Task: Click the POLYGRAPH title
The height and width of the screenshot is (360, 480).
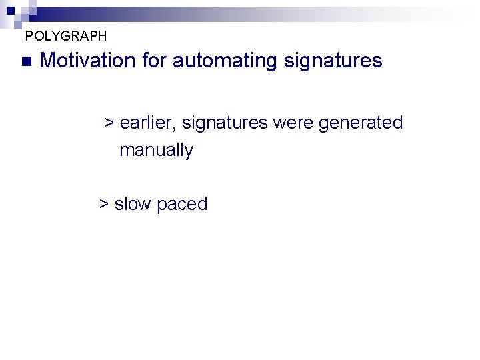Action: (65, 35)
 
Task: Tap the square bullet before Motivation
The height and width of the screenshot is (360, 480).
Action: (26, 61)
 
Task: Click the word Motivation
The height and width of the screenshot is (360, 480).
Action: (87, 61)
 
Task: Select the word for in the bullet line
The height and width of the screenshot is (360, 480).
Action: (153, 61)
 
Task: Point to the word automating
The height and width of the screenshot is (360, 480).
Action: (225, 61)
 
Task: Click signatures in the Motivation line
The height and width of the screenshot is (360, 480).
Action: (333, 61)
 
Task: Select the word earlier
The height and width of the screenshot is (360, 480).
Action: (146, 123)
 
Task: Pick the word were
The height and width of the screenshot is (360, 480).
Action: (293, 123)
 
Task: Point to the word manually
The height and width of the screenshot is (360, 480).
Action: (156, 151)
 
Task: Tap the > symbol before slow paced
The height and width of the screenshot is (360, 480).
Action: (104, 204)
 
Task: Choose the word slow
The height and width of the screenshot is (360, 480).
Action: (133, 204)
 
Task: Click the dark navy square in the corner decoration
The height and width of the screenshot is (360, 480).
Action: (10, 10)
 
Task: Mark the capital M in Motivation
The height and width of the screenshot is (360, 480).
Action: (47, 61)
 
